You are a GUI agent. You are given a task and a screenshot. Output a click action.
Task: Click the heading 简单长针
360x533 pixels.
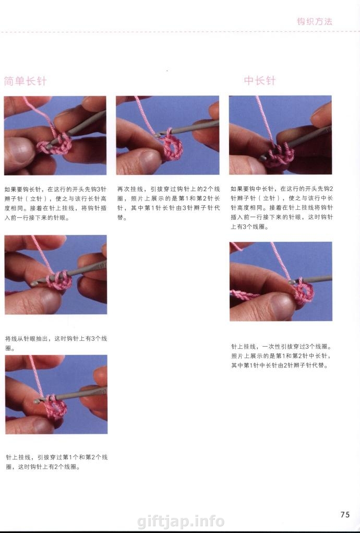coord(25,81)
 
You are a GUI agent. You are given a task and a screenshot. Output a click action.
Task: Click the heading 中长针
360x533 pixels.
coord(260,80)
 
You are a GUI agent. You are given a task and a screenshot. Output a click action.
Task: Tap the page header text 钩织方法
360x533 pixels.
coord(315,21)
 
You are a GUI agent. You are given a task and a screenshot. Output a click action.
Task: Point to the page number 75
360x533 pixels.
coord(345,514)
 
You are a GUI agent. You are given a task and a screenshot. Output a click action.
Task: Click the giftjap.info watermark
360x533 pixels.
coord(181,521)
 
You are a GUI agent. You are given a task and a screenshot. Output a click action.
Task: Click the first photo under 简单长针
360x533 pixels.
coord(55,135)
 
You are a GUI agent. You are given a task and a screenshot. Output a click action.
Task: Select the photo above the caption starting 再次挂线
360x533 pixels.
coord(167,135)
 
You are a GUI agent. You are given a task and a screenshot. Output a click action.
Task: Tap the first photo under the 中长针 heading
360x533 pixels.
coord(281,135)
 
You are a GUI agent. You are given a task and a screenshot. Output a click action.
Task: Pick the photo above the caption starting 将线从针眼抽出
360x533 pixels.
coord(56,275)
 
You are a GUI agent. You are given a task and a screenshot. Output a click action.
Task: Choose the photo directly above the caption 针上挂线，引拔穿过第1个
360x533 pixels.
coord(56,394)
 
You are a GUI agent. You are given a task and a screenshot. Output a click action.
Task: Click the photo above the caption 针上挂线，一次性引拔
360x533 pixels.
coord(281,281)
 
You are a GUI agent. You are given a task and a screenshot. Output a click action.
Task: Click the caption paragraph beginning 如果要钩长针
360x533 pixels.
coord(55,203)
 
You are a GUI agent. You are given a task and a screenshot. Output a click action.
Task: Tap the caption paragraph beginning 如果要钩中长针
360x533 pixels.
coord(282,207)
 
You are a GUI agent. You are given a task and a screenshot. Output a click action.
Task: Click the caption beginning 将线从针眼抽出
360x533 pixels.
coord(56,344)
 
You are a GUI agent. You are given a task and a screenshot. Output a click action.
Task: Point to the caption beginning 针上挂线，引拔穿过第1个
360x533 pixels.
coord(57,462)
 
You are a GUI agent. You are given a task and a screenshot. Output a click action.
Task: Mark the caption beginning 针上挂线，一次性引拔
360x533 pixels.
coord(281,356)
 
